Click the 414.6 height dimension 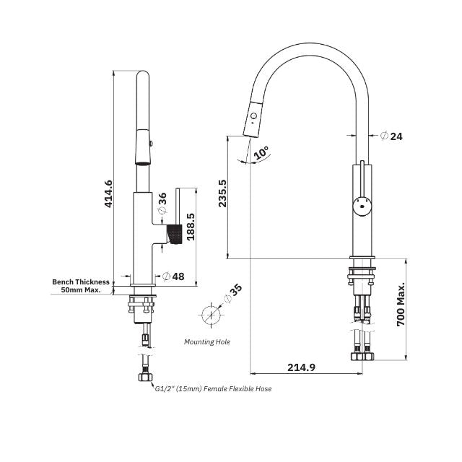point(109,193)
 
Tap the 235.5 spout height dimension point(222,194)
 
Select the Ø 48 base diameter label point(173,276)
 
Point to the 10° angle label point(261,152)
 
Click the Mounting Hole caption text point(207,341)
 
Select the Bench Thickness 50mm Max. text point(82,286)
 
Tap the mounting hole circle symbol point(209,316)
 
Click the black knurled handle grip point(173,235)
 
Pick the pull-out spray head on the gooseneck point(253,120)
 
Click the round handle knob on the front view point(361,206)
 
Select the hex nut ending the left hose point(145,378)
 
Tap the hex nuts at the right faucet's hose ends point(361,356)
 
